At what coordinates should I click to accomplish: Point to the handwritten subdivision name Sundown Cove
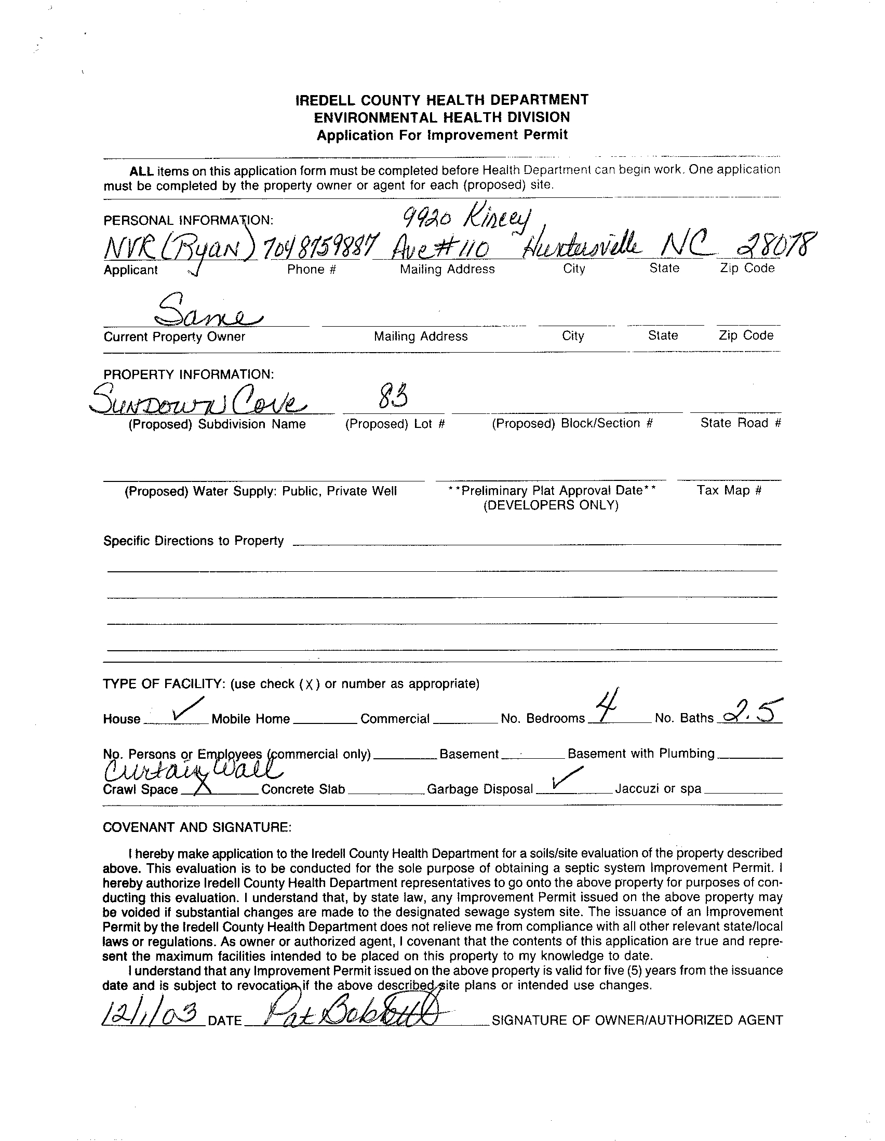point(198,402)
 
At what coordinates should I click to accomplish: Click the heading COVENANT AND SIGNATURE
point(197,827)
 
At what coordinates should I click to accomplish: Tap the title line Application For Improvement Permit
point(442,135)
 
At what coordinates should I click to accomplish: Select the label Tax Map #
point(729,490)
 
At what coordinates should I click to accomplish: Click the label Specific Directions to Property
point(193,541)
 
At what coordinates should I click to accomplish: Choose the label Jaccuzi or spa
point(658,788)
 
